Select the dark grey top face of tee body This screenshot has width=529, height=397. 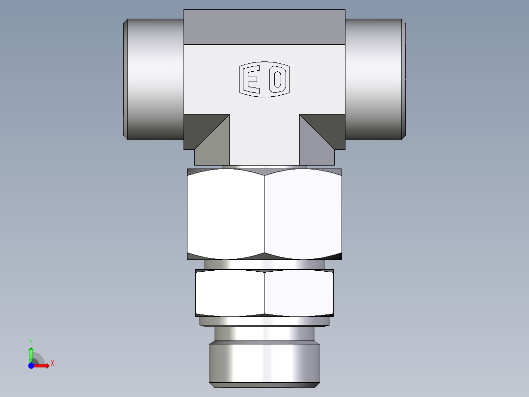tap(264, 27)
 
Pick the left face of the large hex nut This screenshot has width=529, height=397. tap(225, 214)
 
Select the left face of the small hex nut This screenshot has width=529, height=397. tap(229, 293)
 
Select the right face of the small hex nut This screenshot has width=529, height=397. tap(299, 293)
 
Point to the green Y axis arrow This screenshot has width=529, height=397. tap(31, 353)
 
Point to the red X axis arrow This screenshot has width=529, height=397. tap(42, 366)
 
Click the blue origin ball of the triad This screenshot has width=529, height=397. tap(31, 366)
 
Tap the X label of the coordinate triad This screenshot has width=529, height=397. tap(53, 364)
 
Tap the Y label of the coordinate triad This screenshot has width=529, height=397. tap(31, 341)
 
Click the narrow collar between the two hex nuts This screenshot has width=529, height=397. tap(264, 264)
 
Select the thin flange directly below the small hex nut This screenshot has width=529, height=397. tap(264, 321)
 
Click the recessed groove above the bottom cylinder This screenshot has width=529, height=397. tap(264, 334)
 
